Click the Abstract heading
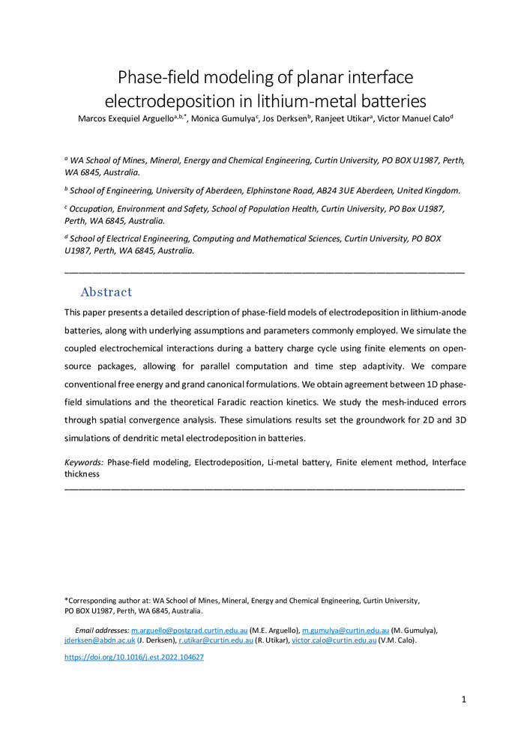click(x=106, y=292)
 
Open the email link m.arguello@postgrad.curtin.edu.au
click(x=190, y=631)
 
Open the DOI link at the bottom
click(x=134, y=658)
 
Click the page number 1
click(x=464, y=700)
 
